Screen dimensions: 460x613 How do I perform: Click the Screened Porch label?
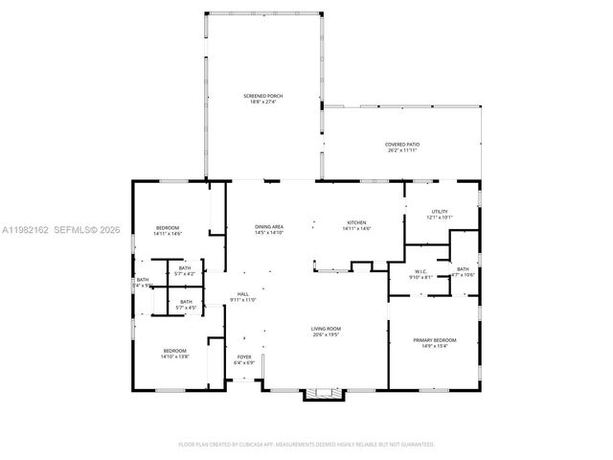point(261,96)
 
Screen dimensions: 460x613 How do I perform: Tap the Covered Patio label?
point(402,144)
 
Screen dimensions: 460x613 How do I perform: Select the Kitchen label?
point(356,222)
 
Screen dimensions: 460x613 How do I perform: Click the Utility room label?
point(440,212)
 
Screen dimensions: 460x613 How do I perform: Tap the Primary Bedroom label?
point(434,340)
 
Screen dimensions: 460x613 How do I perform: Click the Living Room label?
point(326,329)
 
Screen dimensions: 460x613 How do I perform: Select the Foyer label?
point(244,357)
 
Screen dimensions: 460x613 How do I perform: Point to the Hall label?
point(243,294)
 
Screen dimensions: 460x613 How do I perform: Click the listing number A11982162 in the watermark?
point(27,230)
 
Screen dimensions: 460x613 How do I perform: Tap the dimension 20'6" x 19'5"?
point(326,334)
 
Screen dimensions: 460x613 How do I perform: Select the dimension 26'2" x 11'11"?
point(402,149)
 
